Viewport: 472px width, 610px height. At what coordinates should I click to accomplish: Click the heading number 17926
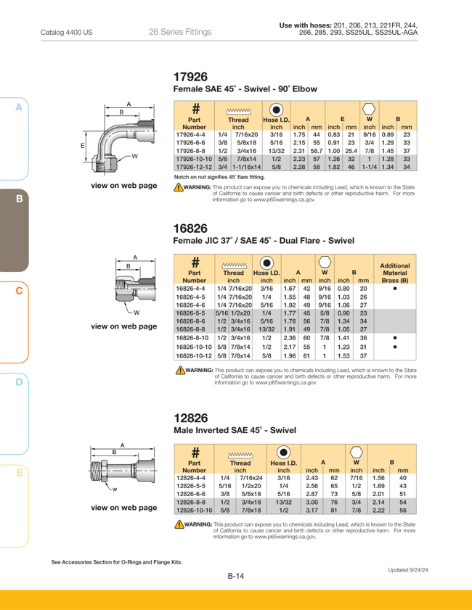[190, 77]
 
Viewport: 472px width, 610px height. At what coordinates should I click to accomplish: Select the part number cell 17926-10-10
[194, 159]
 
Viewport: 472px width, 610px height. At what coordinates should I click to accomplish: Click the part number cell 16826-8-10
[192, 338]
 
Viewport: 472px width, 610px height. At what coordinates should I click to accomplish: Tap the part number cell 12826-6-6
[191, 494]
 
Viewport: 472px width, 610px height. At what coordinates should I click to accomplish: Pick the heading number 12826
[191, 418]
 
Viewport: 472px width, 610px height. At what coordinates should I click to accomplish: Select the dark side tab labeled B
[14, 231]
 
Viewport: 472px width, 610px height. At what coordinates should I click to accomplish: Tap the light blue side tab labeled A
[14, 139]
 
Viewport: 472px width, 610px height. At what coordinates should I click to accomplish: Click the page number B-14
[236, 576]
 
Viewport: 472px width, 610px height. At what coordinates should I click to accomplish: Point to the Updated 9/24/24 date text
[408, 570]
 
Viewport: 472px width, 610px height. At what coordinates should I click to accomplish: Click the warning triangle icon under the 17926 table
[179, 188]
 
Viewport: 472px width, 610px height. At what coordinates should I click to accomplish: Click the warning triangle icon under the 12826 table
[179, 524]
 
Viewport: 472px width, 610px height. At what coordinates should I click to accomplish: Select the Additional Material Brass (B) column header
[395, 273]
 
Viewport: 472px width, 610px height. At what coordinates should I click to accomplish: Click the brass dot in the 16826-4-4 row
[395, 289]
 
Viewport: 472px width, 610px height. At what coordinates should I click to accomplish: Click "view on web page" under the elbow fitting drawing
[124, 186]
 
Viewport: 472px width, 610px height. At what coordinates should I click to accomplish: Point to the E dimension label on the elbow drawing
[83, 146]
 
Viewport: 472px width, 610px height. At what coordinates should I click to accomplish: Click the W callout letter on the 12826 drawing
[115, 490]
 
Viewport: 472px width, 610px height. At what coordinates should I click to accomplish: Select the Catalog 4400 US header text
[67, 33]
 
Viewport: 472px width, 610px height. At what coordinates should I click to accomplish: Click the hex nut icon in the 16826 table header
[325, 262]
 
